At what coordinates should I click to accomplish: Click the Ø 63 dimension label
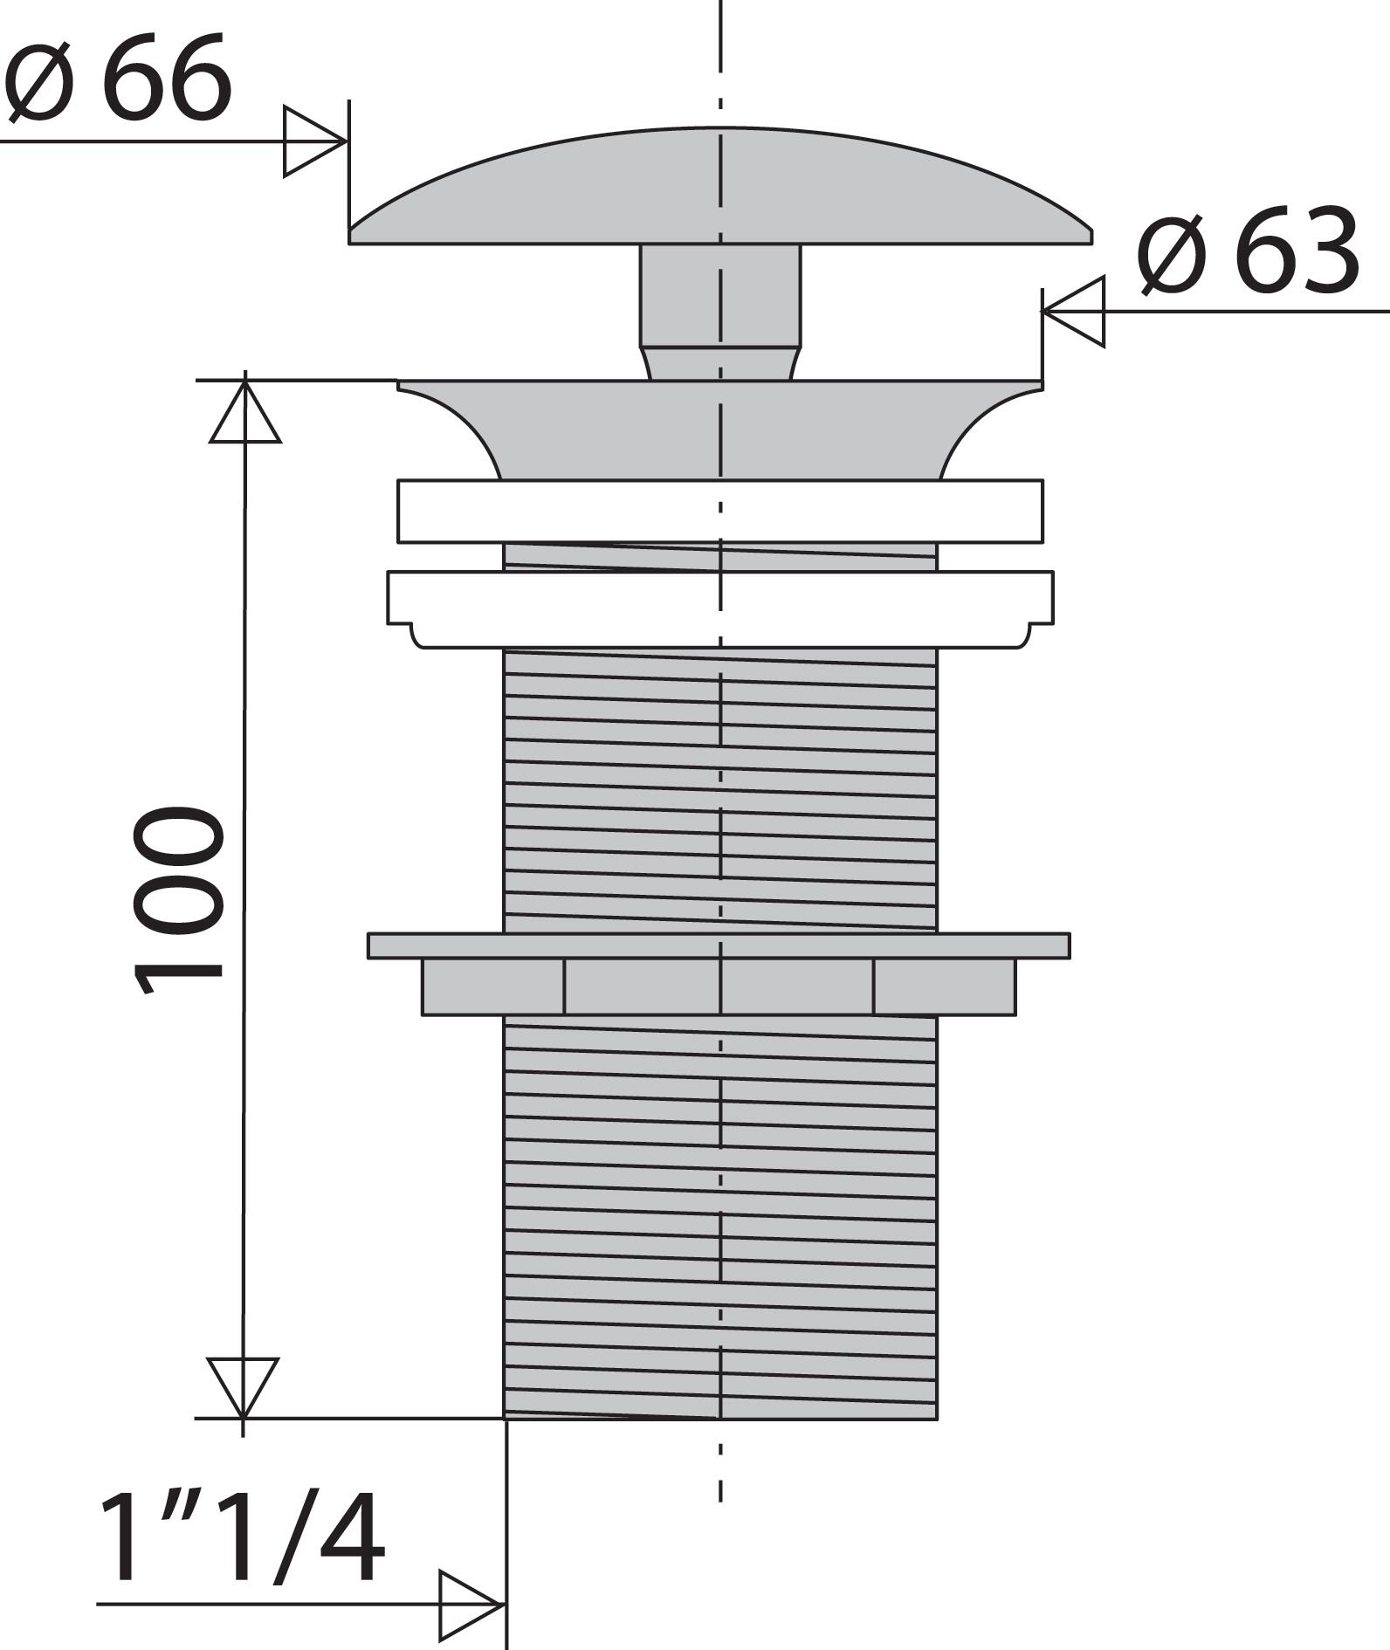click(x=1249, y=251)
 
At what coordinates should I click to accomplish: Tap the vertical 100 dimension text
click(x=178, y=900)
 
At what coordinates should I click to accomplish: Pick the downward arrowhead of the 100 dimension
click(x=243, y=1386)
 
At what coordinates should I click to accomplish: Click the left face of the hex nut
click(x=493, y=987)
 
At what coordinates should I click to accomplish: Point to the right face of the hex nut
click(x=945, y=987)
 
